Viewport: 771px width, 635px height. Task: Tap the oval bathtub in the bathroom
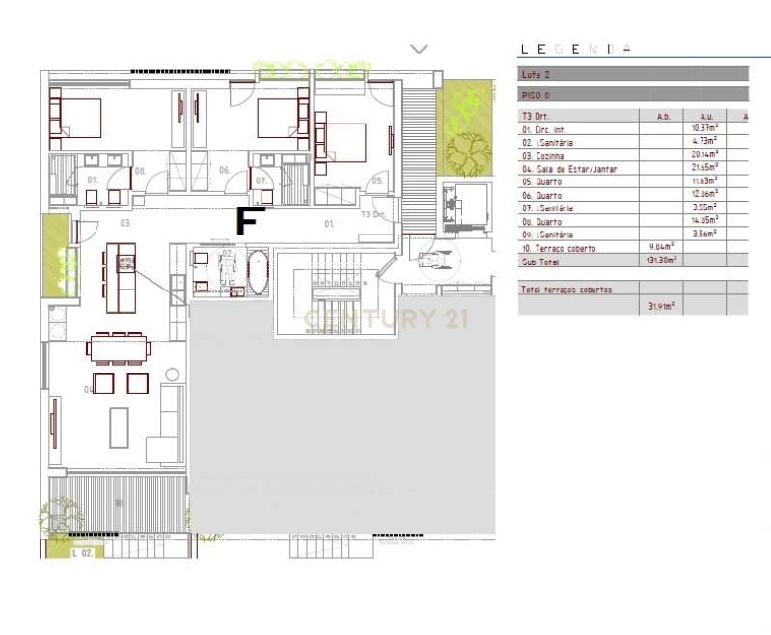point(259,272)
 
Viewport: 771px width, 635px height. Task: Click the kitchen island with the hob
point(124,270)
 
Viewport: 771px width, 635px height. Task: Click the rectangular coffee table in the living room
point(119,428)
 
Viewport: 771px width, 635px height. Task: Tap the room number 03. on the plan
point(124,223)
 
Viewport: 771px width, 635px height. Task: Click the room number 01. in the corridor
point(329,224)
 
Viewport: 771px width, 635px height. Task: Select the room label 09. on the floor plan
point(94,180)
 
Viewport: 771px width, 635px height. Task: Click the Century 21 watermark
point(386,317)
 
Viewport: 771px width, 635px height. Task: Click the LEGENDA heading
point(576,49)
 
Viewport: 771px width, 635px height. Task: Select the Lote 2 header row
point(633,73)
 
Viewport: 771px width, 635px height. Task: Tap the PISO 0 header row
point(633,95)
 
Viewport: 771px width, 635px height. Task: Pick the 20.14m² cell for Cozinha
point(703,155)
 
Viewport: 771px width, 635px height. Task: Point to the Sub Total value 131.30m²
point(662,261)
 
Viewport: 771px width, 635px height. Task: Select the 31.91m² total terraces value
point(662,307)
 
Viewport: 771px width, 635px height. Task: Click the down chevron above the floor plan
point(419,48)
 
